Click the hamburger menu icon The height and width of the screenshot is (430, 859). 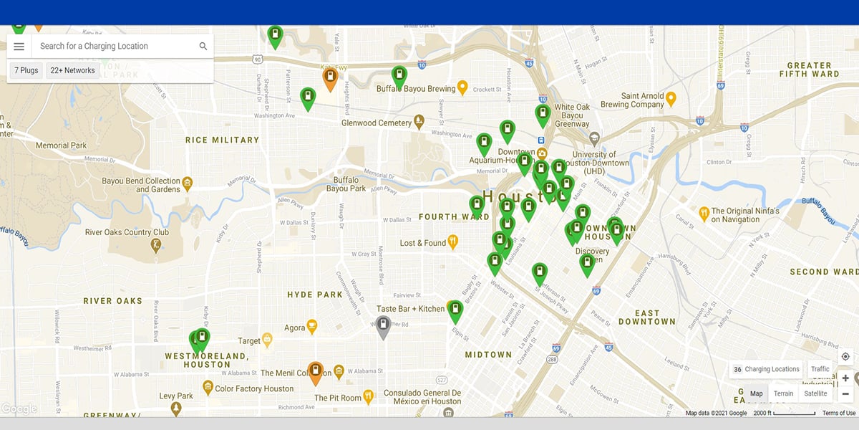[x=19, y=47]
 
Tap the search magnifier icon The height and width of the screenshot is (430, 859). [x=203, y=47]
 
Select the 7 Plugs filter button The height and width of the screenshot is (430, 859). [x=26, y=71]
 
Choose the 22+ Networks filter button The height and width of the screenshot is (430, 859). [x=72, y=71]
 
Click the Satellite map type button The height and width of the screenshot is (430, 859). [x=815, y=393]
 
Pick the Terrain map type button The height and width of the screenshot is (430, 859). [x=783, y=393]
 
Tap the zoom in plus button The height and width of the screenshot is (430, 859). [x=845, y=378]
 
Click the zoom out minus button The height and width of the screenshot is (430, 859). [x=845, y=393]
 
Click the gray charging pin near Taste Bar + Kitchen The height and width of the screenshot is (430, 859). [x=383, y=326]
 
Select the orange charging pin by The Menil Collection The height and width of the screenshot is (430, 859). [x=315, y=372]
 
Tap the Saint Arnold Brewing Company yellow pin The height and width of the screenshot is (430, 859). [x=671, y=97]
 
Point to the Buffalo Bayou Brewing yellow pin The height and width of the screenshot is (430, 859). [x=462, y=87]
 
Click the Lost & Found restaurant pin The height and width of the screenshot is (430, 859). [x=452, y=242]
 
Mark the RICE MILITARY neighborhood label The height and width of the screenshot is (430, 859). [x=222, y=140]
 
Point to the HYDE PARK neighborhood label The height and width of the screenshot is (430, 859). [x=315, y=295]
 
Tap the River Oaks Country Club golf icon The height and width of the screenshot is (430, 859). [x=155, y=245]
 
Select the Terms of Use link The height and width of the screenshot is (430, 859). [x=838, y=413]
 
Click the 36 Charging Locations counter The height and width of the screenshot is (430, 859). [x=766, y=369]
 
